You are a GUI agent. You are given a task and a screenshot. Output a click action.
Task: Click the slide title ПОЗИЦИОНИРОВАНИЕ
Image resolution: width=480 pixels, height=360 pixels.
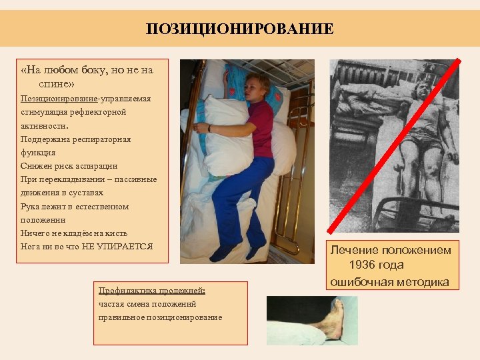pos(240,29)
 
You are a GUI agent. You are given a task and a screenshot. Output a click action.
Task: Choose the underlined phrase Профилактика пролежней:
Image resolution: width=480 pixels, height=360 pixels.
pos(152,291)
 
